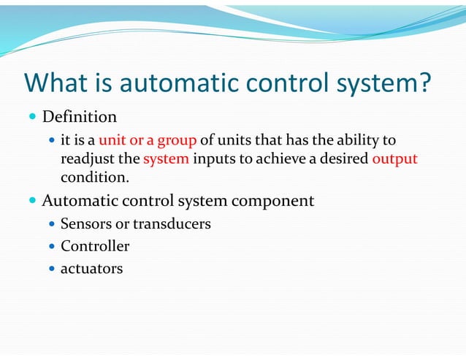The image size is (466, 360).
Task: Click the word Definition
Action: (x=79, y=117)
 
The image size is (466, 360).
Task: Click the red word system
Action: (x=167, y=159)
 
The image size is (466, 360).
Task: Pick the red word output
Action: (x=394, y=159)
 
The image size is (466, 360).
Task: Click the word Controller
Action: (x=95, y=246)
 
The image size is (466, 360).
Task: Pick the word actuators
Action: (x=91, y=269)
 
